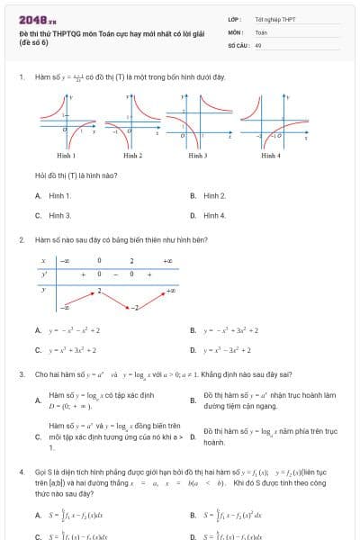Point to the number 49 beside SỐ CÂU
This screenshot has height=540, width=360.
[258, 43]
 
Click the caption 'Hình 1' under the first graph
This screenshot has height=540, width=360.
[66, 156]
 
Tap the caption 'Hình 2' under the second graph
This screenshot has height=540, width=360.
[132, 156]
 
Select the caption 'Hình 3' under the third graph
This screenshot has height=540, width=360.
[199, 156]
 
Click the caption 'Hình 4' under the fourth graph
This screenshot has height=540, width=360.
[271, 156]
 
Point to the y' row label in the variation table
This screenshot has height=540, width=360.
[42, 274]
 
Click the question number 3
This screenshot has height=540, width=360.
[21, 373]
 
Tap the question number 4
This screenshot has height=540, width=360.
[21, 472]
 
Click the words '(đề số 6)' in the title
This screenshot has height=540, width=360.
[33, 42]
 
